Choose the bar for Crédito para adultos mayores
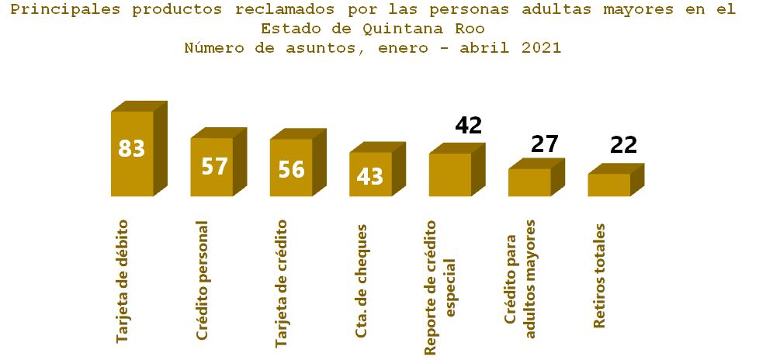529,182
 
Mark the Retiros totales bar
608,185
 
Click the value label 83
132,148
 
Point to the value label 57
213,167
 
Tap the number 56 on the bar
291,169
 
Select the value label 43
370,177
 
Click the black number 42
468,126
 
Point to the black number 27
545,144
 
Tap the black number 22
623,145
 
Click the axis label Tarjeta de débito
122,281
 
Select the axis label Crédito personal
203,281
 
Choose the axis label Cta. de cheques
361,281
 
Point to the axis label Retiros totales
599,276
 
